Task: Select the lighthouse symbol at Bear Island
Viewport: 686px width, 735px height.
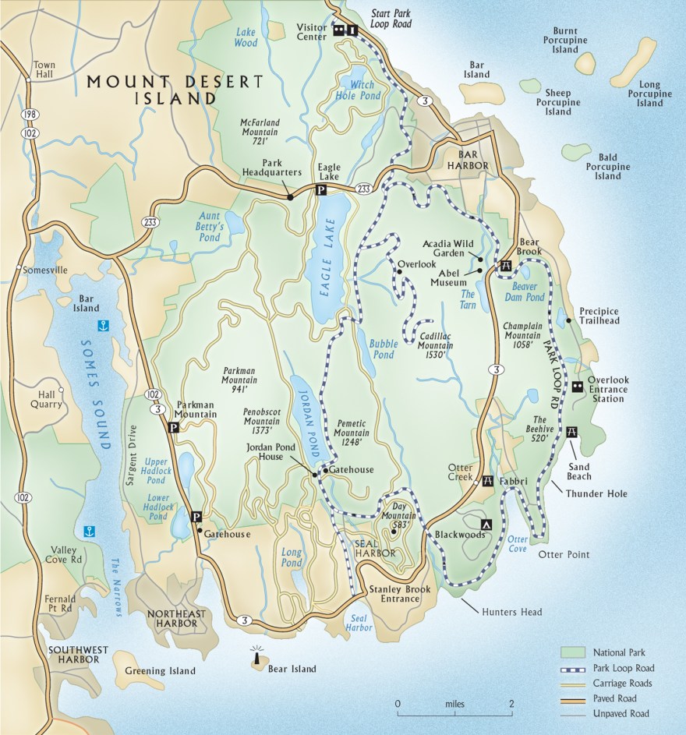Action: point(255,658)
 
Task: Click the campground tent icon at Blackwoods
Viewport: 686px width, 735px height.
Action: point(487,525)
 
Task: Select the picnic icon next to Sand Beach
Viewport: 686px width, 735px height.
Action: point(573,432)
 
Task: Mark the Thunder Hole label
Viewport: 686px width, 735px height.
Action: point(596,493)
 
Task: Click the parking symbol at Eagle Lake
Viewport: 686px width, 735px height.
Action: point(320,190)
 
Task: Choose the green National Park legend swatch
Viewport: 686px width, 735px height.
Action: point(574,652)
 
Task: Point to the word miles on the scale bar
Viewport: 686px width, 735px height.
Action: point(454,704)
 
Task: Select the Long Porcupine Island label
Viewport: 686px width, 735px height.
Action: point(649,94)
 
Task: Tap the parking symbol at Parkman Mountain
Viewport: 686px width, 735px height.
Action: point(172,427)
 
